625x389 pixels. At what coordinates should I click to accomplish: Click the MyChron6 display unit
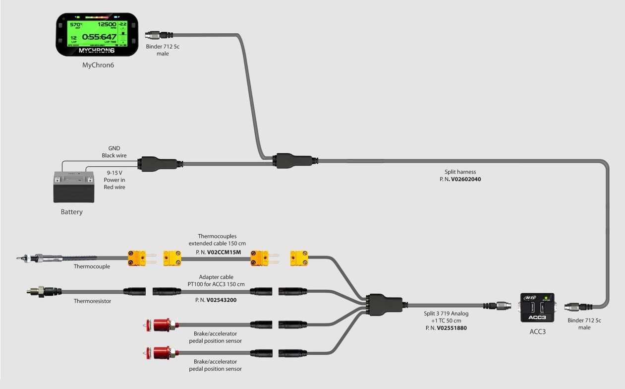[x=97, y=34]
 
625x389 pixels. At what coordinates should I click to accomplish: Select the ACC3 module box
[x=537, y=307]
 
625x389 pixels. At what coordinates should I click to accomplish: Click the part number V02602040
[x=465, y=179]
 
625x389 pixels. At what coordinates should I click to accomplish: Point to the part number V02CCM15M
[x=224, y=252]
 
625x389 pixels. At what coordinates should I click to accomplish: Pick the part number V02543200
[x=222, y=300]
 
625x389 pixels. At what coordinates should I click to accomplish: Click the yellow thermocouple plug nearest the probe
[x=137, y=258]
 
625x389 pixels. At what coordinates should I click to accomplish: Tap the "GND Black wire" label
[x=114, y=152]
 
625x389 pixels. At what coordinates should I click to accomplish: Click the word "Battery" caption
[x=72, y=212]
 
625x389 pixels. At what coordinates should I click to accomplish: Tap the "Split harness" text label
[x=460, y=172]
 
